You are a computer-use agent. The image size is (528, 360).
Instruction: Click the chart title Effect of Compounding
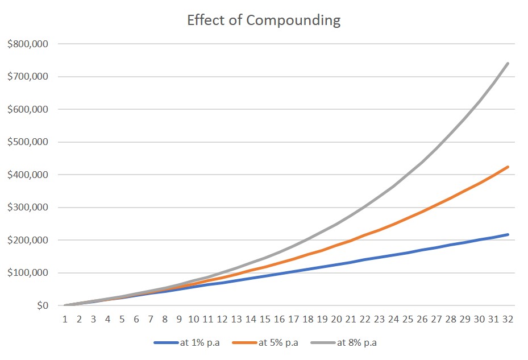tap(264, 21)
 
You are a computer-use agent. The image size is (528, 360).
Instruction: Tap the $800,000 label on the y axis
tap(29, 44)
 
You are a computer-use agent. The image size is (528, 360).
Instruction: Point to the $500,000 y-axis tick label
tap(29, 142)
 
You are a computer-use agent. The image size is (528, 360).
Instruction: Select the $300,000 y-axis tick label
tap(29, 208)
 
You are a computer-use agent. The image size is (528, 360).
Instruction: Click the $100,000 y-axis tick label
tap(29, 273)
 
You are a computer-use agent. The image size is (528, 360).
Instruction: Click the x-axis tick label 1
tap(65, 320)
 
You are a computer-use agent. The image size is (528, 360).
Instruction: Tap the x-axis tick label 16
tap(279, 320)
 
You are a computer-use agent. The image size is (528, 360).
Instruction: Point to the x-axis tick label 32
tap(508, 320)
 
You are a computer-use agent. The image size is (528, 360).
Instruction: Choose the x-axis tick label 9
tap(180, 320)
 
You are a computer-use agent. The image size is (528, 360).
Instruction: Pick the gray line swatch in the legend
tap(322, 343)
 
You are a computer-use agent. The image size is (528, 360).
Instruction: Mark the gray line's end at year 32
tap(508, 63)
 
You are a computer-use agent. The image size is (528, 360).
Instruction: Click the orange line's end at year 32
tap(508, 167)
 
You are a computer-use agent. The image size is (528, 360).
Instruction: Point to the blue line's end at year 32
tap(508, 234)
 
